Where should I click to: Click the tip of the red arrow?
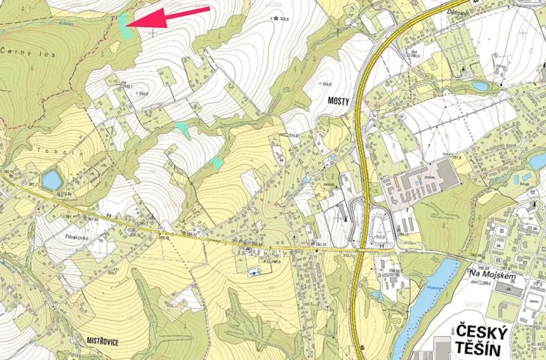[x=128, y=25]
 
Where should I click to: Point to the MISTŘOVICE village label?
[x=97, y=339]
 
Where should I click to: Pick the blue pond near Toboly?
[x=52, y=180]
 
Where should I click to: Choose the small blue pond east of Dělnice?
[x=480, y=86]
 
